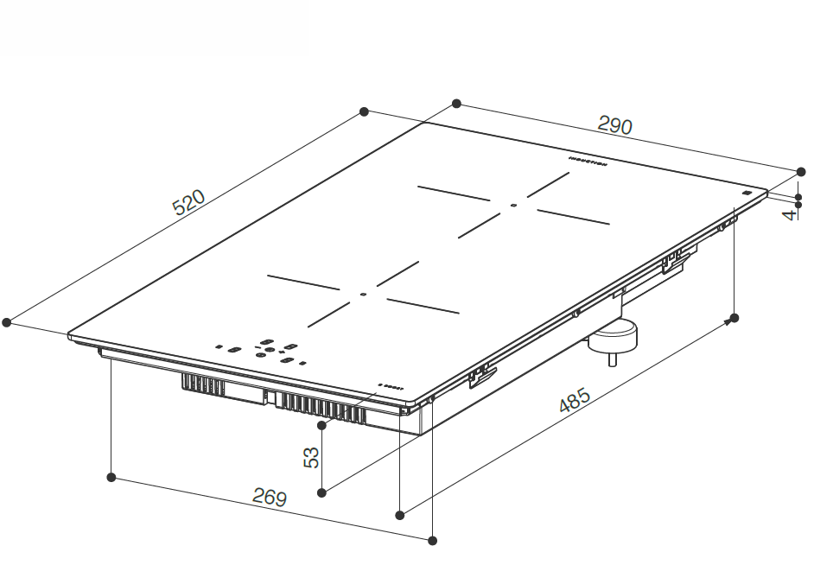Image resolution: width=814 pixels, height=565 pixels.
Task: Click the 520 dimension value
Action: (188, 203)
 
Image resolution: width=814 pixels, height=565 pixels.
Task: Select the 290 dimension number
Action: (615, 126)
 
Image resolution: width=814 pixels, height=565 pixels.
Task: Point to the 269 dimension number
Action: (269, 497)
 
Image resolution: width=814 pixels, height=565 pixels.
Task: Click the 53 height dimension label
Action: (312, 458)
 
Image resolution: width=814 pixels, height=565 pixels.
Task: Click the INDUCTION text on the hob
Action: (589, 162)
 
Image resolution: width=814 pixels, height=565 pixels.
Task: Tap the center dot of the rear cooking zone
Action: (513, 206)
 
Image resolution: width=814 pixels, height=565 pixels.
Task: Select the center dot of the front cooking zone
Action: (363, 295)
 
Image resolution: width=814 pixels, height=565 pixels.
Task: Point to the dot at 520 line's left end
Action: (7, 322)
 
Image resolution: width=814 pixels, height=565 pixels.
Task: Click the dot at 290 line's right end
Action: (798, 170)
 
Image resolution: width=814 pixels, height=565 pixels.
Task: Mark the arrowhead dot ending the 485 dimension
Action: (735, 318)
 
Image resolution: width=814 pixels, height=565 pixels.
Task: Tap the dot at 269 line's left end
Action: (111, 477)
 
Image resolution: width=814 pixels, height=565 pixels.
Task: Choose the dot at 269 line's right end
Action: (433, 541)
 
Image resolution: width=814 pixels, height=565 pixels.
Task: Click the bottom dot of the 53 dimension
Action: (321, 492)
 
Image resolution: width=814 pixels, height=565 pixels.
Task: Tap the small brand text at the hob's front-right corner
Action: (391, 386)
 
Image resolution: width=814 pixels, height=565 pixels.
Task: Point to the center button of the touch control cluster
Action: (269, 351)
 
